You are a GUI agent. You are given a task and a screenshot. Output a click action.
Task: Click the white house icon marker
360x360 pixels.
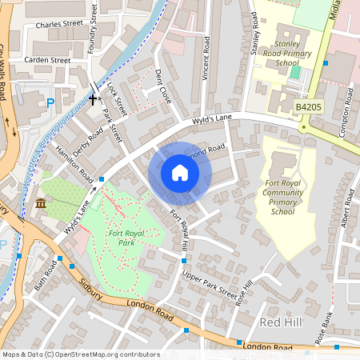click(180, 173)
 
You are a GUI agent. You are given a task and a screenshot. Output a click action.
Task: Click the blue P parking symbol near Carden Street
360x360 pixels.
click(51, 102)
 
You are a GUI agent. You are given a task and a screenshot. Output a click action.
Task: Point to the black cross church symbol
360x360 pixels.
click(93, 99)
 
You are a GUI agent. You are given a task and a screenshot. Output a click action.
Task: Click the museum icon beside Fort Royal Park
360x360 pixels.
click(41, 205)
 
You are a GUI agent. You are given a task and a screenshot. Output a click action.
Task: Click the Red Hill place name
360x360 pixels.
click(282, 322)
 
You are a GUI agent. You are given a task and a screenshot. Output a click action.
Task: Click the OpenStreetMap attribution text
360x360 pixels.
click(80, 354)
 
